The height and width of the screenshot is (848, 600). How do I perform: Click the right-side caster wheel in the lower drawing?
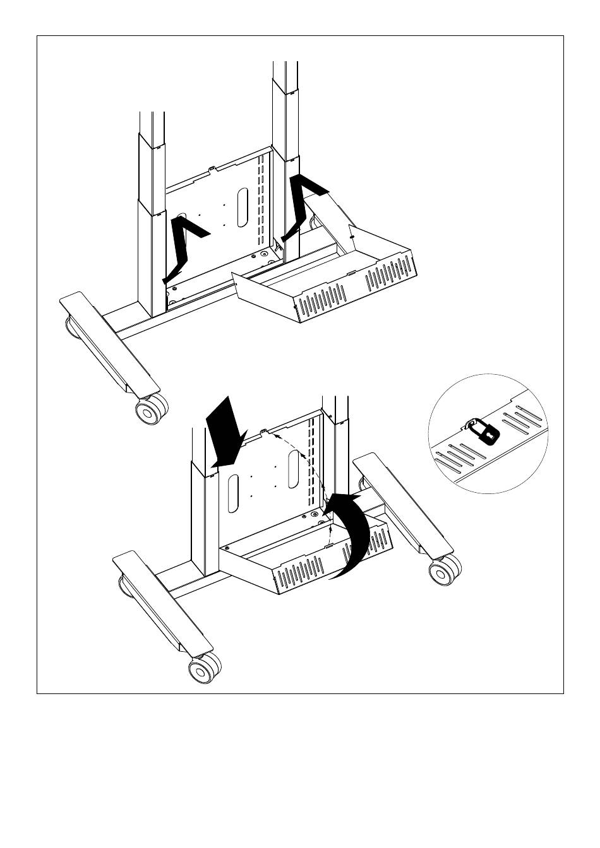(441, 572)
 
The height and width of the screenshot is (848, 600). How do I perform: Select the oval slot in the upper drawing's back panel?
(243, 207)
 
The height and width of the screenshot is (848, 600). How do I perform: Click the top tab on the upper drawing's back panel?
(213, 168)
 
